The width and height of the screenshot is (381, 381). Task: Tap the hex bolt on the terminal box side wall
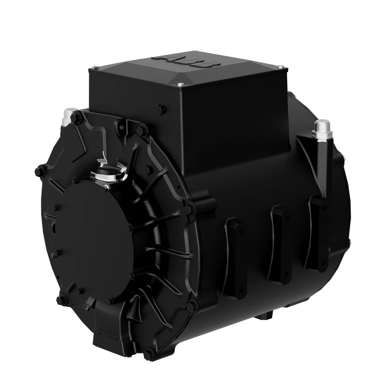tap(161, 109)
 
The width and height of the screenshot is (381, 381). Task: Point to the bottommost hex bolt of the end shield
tap(147, 353)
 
